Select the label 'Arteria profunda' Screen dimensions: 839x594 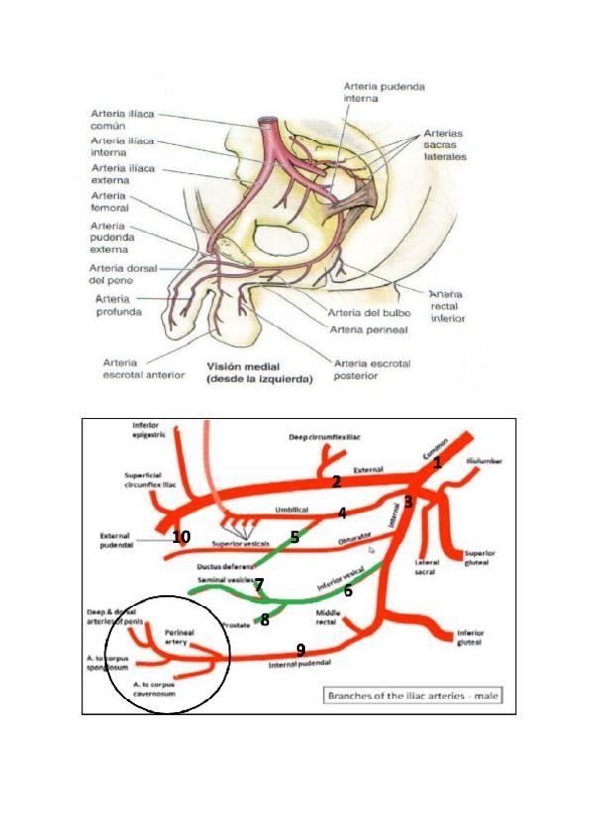(x=117, y=304)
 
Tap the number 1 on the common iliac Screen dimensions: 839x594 (x=438, y=461)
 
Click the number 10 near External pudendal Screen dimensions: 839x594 (x=180, y=537)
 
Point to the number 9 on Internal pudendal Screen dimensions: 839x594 (x=301, y=649)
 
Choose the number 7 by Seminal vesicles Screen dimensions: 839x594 (x=259, y=584)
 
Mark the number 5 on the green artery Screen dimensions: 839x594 (x=294, y=537)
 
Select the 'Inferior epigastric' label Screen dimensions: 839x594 (x=147, y=431)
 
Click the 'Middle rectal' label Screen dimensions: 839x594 (x=328, y=618)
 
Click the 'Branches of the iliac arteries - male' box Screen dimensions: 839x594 (x=413, y=696)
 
